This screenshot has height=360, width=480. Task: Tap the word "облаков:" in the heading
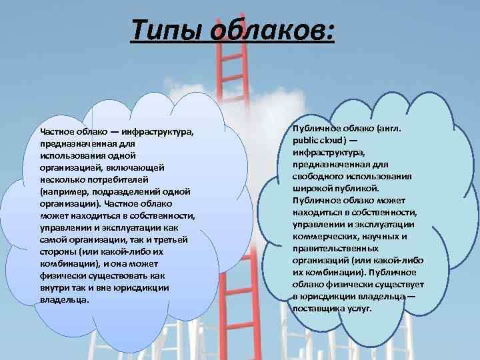click(277, 31)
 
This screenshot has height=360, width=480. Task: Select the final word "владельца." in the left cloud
click(64, 299)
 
